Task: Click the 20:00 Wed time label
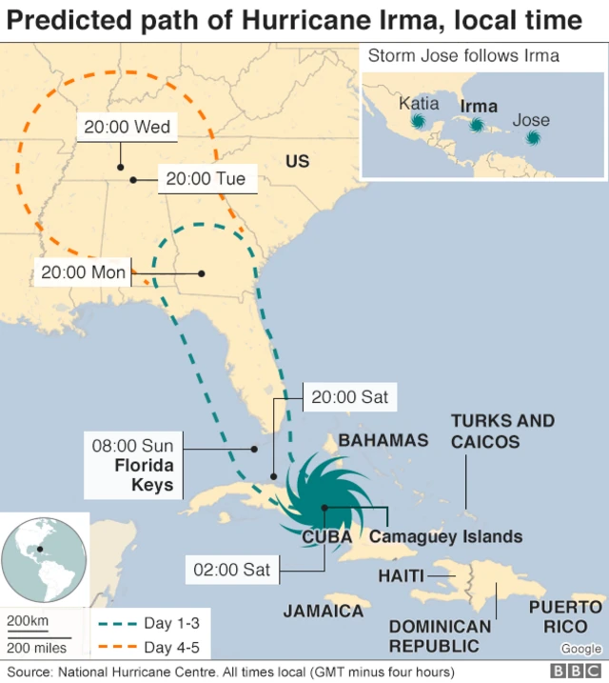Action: pos(121,127)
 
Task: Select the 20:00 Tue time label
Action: pos(205,178)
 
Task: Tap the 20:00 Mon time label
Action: pos(83,272)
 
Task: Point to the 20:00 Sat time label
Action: pos(349,396)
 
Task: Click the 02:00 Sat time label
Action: pos(232,571)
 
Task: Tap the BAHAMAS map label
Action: pos(383,441)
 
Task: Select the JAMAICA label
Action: pos(324,611)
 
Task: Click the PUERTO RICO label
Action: pos(565,616)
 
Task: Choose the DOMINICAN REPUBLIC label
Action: pos(440,635)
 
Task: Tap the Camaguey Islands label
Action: pos(445,536)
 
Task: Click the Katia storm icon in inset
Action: pos(417,122)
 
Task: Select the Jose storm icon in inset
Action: pos(533,138)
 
